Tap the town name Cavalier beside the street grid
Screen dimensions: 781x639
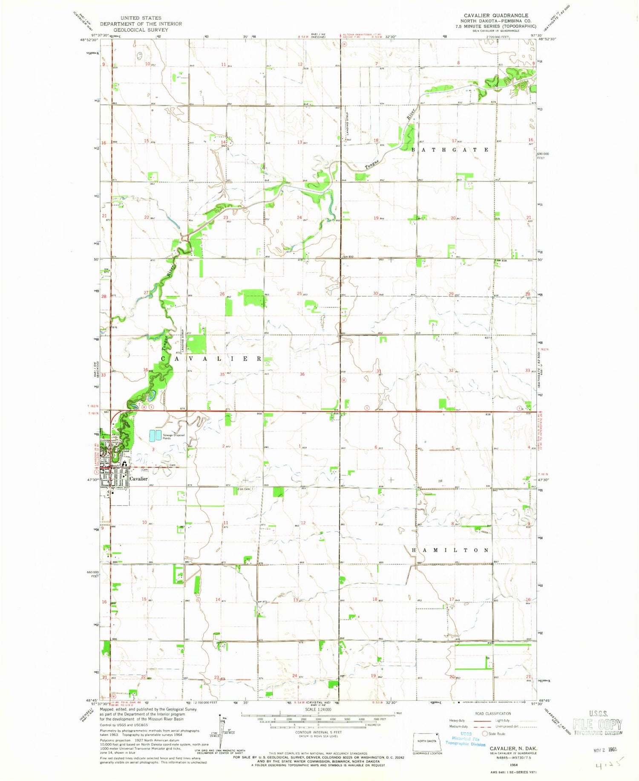pyautogui.click(x=138, y=479)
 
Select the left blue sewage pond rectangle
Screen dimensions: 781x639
pyautogui.click(x=152, y=436)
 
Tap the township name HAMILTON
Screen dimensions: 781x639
pyautogui.click(x=450, y=550)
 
